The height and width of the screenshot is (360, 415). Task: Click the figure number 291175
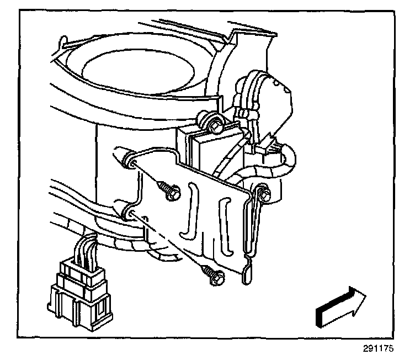388,349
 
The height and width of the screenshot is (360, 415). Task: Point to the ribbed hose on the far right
287,160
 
